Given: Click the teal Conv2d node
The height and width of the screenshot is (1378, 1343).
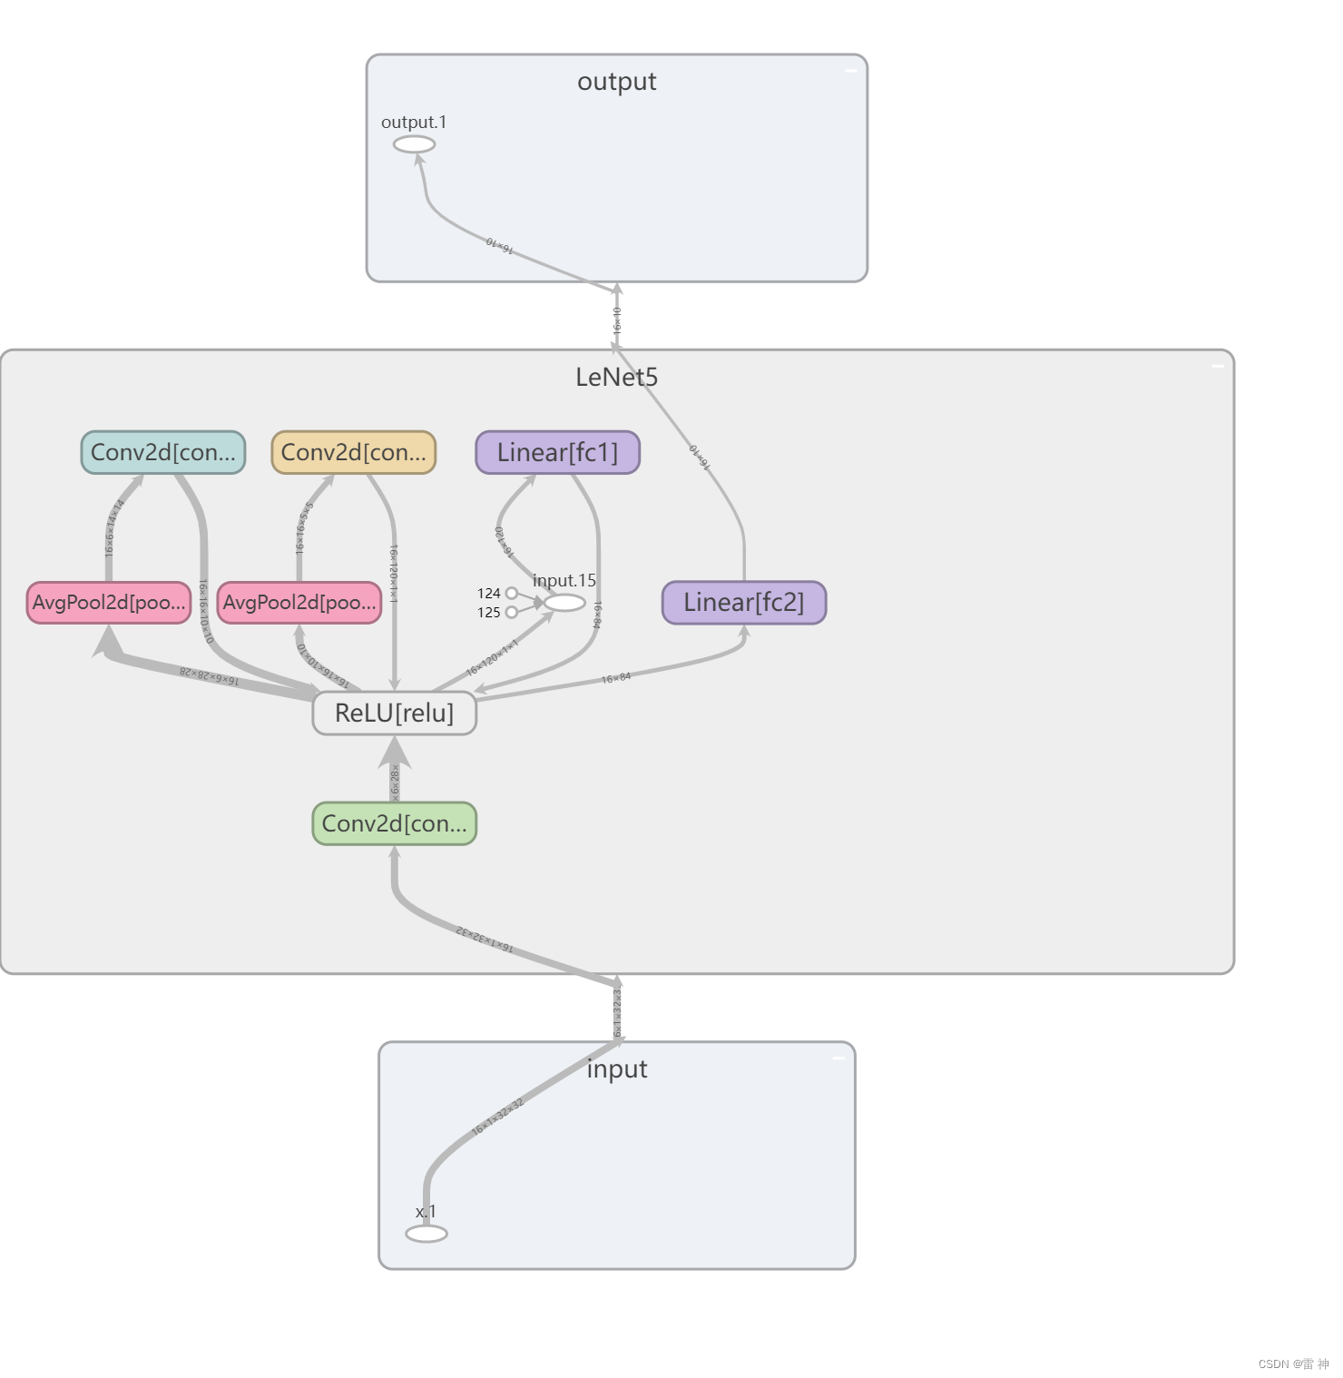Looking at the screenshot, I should point(163,452).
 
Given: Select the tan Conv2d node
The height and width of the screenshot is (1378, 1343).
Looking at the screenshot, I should point(354,452).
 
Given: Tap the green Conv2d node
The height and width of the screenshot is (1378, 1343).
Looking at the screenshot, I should point(395,823).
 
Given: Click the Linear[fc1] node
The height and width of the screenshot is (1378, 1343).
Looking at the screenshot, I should point(557,452).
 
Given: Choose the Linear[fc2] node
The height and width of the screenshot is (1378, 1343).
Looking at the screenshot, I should point(744,603).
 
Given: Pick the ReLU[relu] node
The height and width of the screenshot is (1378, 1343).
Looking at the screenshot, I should point(395,714).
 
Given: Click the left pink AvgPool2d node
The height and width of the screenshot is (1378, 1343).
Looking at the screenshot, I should point(109,603).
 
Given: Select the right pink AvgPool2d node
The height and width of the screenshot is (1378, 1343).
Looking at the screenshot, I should point(299,603).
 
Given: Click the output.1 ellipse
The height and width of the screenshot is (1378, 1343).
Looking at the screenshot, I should point(414,144).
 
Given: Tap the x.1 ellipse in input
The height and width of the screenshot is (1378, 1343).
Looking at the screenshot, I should point(426,1234).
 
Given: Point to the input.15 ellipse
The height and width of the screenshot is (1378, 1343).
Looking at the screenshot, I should point(564,603).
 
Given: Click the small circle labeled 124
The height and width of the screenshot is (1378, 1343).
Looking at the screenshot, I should point(512,594).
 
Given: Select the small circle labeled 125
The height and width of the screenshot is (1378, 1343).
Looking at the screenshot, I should point(512,613).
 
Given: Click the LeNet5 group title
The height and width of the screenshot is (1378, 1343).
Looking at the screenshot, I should point(616,378).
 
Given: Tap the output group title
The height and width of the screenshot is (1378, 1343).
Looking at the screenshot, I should point(616,82).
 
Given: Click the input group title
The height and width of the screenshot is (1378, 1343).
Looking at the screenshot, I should point(617,1069).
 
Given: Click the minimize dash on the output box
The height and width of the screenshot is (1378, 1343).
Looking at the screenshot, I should point(851,70).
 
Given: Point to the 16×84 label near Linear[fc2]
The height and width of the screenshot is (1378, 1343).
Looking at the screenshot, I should point(616,678).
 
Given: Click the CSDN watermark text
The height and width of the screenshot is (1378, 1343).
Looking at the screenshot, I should point(1293,1364).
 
